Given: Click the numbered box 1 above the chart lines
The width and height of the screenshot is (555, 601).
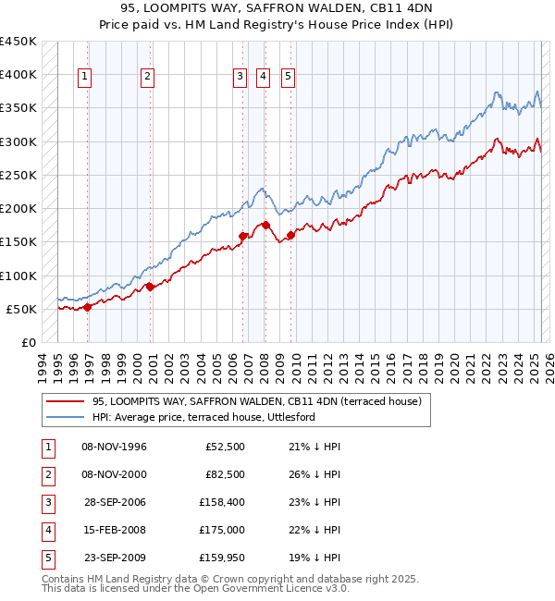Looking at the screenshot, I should pyautogui.click(x=84, y=78).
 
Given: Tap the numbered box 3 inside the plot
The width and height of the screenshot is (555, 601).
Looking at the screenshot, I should pyautogui.click(x=240, y=78).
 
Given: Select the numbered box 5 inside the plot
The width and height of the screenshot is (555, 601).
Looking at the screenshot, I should pyautogui.click(x=289, y=78).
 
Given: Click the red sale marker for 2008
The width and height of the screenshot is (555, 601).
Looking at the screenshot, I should pyautogui.click(x=265, y=225).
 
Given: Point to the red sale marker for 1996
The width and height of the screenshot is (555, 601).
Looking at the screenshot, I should pyautogui.click(x=88, y=307).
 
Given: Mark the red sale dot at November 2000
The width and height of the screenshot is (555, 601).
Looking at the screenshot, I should pyautogui.click(x=151, y=287).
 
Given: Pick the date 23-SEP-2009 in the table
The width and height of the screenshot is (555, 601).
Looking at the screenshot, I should pyautogui.click(x=114, y=557).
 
